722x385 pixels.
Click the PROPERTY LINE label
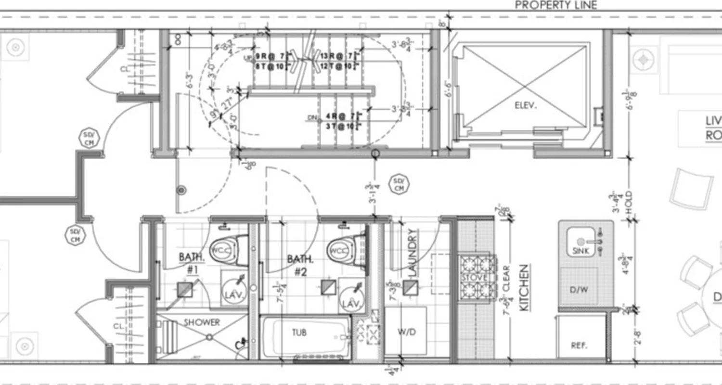pos(556,5)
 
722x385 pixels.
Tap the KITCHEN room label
pos(524,287)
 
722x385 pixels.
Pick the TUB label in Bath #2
pos(299,332)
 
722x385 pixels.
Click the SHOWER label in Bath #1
pos(202,322)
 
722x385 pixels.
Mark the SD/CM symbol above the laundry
pos(399,184)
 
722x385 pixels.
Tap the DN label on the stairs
pos(313,117)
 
